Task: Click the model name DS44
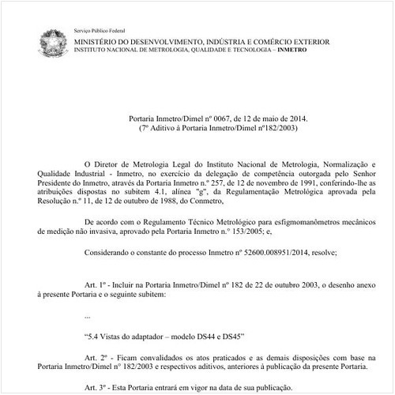tap(205, 336)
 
